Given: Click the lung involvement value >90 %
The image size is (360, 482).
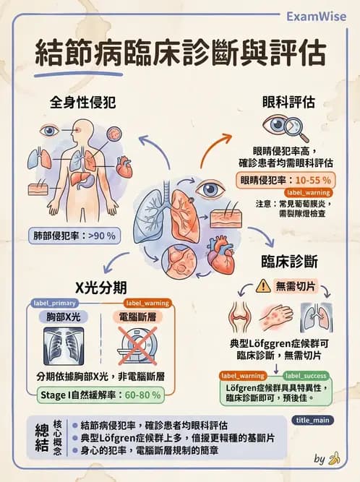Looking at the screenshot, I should tap(101, 235).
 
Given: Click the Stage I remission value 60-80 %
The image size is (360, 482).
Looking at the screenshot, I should tap(140, 395).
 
